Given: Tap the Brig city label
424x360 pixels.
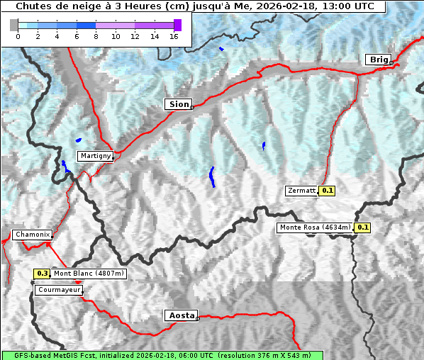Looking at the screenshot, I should tap(378, 60).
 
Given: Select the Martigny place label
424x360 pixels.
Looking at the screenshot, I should tap(95, 156).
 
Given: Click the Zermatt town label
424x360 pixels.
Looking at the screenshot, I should tap(301, 191).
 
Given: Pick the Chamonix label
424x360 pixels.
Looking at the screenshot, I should tap(32, 235).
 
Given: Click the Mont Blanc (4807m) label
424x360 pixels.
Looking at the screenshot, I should tap(89, 274).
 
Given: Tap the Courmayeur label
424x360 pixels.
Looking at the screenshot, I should tap(59, 290).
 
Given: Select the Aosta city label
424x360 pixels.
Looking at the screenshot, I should tap(180, 315).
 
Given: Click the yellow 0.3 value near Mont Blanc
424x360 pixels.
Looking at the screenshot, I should tap(42, 274).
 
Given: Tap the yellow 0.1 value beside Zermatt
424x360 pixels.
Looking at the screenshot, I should tap(327, 191).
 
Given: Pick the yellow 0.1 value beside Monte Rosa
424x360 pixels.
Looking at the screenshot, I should tap(362, 227).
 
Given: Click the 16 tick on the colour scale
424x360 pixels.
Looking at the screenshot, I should tap(174, 36).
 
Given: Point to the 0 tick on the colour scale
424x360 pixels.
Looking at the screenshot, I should tap(18, 36).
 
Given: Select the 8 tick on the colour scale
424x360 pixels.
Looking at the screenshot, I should tap(96, 36).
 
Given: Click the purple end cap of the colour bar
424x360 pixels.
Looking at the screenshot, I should tap(177, 25).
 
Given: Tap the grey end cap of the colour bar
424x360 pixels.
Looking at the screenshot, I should tap(14, 25).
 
